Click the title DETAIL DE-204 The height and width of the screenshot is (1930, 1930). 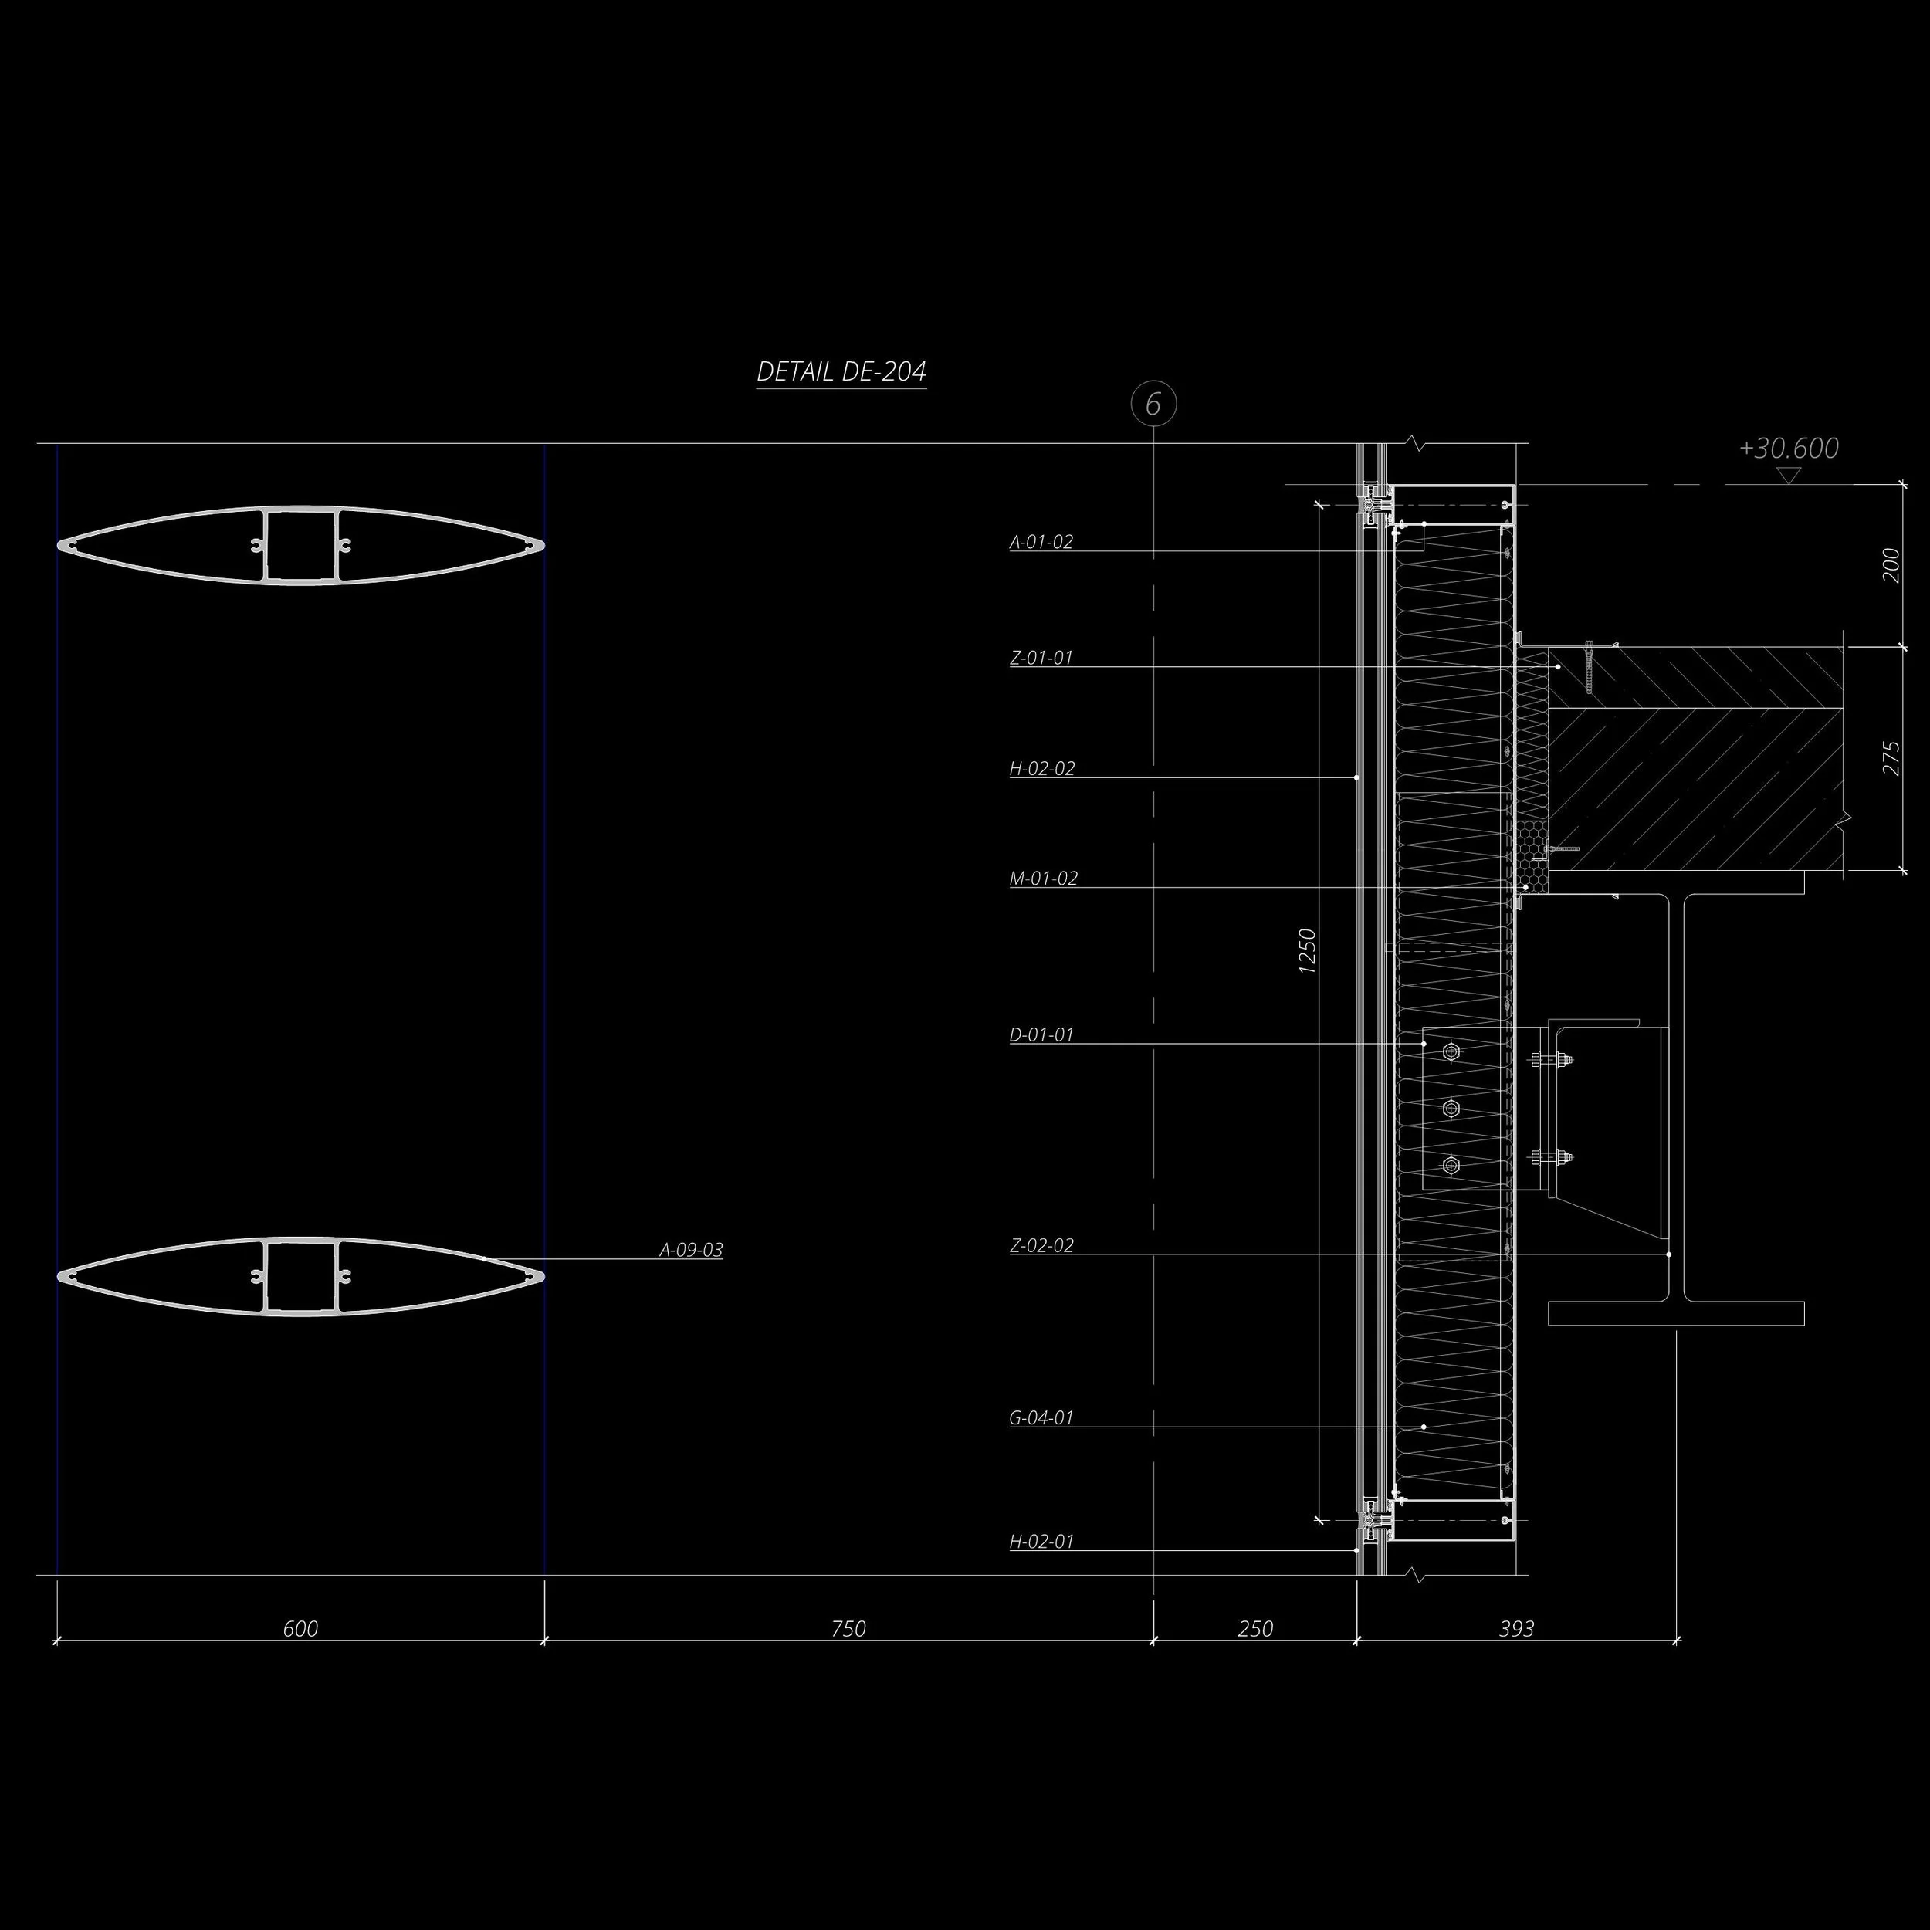point(841,371)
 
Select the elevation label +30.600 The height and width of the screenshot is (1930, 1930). point(1788,449)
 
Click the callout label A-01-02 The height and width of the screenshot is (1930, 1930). point(1041,543)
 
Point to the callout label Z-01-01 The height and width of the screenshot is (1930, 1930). point(1041,659)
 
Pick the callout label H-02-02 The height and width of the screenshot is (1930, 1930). point(1042,769)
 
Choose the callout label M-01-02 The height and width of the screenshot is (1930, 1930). point(1044,879)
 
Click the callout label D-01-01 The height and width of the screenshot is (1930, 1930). point(1041,1035)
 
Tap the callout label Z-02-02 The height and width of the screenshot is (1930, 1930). point(1041,1246)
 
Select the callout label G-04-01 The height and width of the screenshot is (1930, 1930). point(1041,1417)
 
